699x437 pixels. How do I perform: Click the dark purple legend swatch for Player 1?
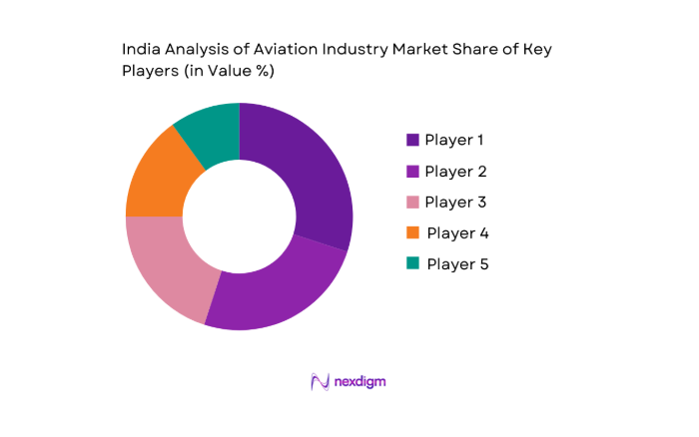click(412, 140)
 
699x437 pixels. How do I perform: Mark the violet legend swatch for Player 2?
click(412, 171)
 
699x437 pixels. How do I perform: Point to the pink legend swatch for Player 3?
click(412, 202)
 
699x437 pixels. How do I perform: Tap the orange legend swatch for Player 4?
click(412, 233)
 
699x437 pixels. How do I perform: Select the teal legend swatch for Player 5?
click(412, 264)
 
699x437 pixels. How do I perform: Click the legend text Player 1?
click(455, 140)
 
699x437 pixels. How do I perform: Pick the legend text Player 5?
click(457, 264)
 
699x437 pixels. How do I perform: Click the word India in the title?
click(140, 47)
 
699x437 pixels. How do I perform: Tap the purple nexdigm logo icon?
click(320, 381)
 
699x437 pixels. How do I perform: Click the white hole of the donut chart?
click(239, 216)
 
